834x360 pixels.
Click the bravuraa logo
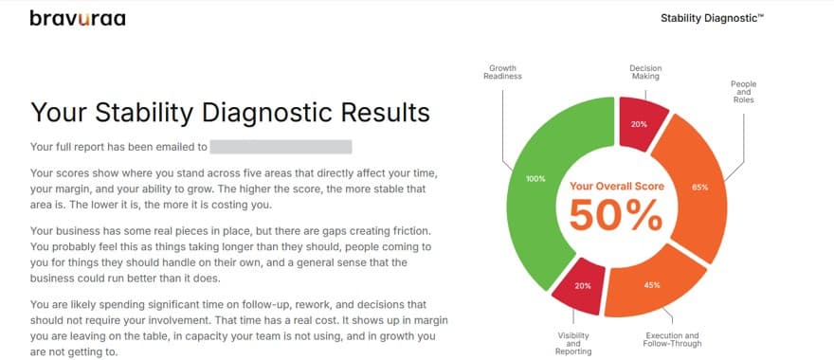tap(78, 19)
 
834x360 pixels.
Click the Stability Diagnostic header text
tap(712, 18)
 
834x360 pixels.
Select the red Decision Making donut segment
tap(642, 122)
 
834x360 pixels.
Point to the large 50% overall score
tap(616, 214)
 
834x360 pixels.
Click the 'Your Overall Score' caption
tap(616, 186)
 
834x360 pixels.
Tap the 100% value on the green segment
tap(536, 179)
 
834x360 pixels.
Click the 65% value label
tap(700, 188)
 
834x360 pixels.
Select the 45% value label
tap(652, 285)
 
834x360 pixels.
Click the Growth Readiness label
tap(502, 72)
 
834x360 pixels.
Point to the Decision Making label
tap(645, 72)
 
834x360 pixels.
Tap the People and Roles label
tap(743, 92)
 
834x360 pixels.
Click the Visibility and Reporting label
tap(573, 344)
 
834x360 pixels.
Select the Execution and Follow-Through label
tap(672, 340)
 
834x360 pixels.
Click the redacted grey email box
tap(281, 147)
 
